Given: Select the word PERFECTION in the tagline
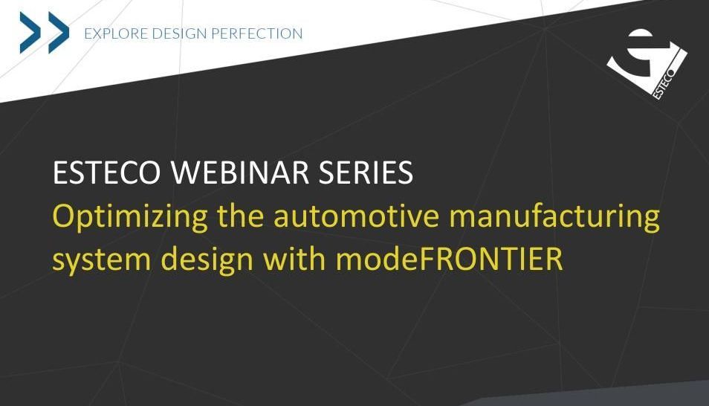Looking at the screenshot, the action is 257,33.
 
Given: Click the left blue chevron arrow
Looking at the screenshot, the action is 30,33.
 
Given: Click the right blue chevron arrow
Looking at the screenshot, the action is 59,33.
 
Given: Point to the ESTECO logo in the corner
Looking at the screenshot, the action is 647,64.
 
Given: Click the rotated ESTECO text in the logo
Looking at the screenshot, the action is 664,84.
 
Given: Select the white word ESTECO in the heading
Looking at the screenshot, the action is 107,173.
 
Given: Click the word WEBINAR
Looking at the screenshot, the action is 239,173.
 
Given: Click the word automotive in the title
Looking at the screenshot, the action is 356,216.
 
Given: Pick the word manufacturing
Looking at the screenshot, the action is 554,217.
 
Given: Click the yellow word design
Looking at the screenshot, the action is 207,260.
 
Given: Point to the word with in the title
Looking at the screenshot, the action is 294,258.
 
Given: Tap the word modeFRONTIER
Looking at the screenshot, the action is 450,258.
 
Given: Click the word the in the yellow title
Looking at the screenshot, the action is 241,215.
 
